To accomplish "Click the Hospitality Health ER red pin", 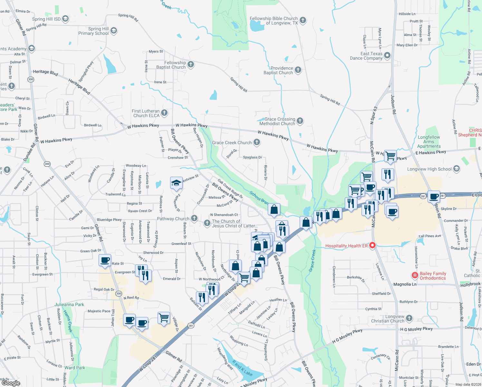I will (372, 245).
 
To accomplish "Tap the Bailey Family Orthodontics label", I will (433, 276).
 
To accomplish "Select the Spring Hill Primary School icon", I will (113, 31).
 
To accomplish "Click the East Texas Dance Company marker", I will (387, 55).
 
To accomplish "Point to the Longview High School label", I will (429, 169).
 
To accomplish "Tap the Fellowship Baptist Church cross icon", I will (191, 64).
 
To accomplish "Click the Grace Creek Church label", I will (232, 143).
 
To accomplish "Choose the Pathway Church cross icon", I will (194, 218).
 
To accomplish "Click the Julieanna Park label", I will (69, 304).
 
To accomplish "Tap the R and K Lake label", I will (242, 368).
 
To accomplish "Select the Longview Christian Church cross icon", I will (409, 318).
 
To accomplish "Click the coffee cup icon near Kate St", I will (105, 260).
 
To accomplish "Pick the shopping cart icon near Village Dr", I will (164, 317).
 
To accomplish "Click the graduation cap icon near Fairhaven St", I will (176, 183).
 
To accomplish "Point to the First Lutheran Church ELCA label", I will (146, 113).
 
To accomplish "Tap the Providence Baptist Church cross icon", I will (298, 70).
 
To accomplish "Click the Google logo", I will (11, 383).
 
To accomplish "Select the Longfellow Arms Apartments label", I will (429, 142).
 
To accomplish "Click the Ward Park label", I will (75, 368).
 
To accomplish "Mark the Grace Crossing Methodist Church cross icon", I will (300, 121).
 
